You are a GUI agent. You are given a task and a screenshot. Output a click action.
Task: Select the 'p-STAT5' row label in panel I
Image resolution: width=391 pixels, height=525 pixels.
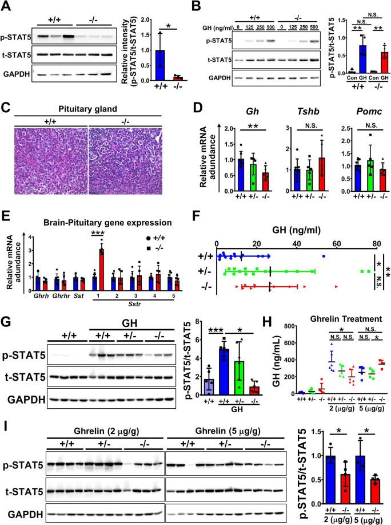[23, 461]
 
